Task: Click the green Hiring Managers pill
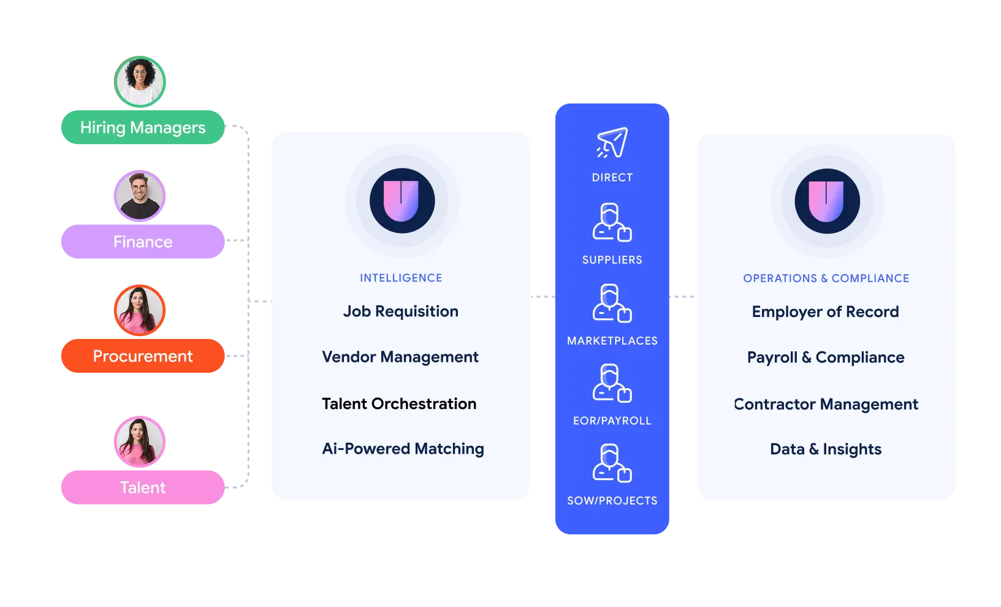(142, 128)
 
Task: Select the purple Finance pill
(142, 242)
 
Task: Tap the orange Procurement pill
(142, 356)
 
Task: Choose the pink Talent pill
(142, 487)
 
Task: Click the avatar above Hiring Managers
(140, 81)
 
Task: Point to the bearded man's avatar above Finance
(140, 196)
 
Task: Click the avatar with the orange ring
(140, 310)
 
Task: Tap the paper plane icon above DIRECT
(612, 143)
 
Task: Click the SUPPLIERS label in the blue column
(612, 260)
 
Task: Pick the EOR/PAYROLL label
(612, 421)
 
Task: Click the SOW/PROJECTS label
(612, 501)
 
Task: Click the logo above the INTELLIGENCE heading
(402, 201)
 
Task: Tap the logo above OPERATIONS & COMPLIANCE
(827, 201)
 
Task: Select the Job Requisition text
(400, 311)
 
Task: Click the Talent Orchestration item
(399, 403)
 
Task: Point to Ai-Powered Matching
(403, 449)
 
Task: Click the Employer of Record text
(825, 311)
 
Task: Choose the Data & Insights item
(825, 449)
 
